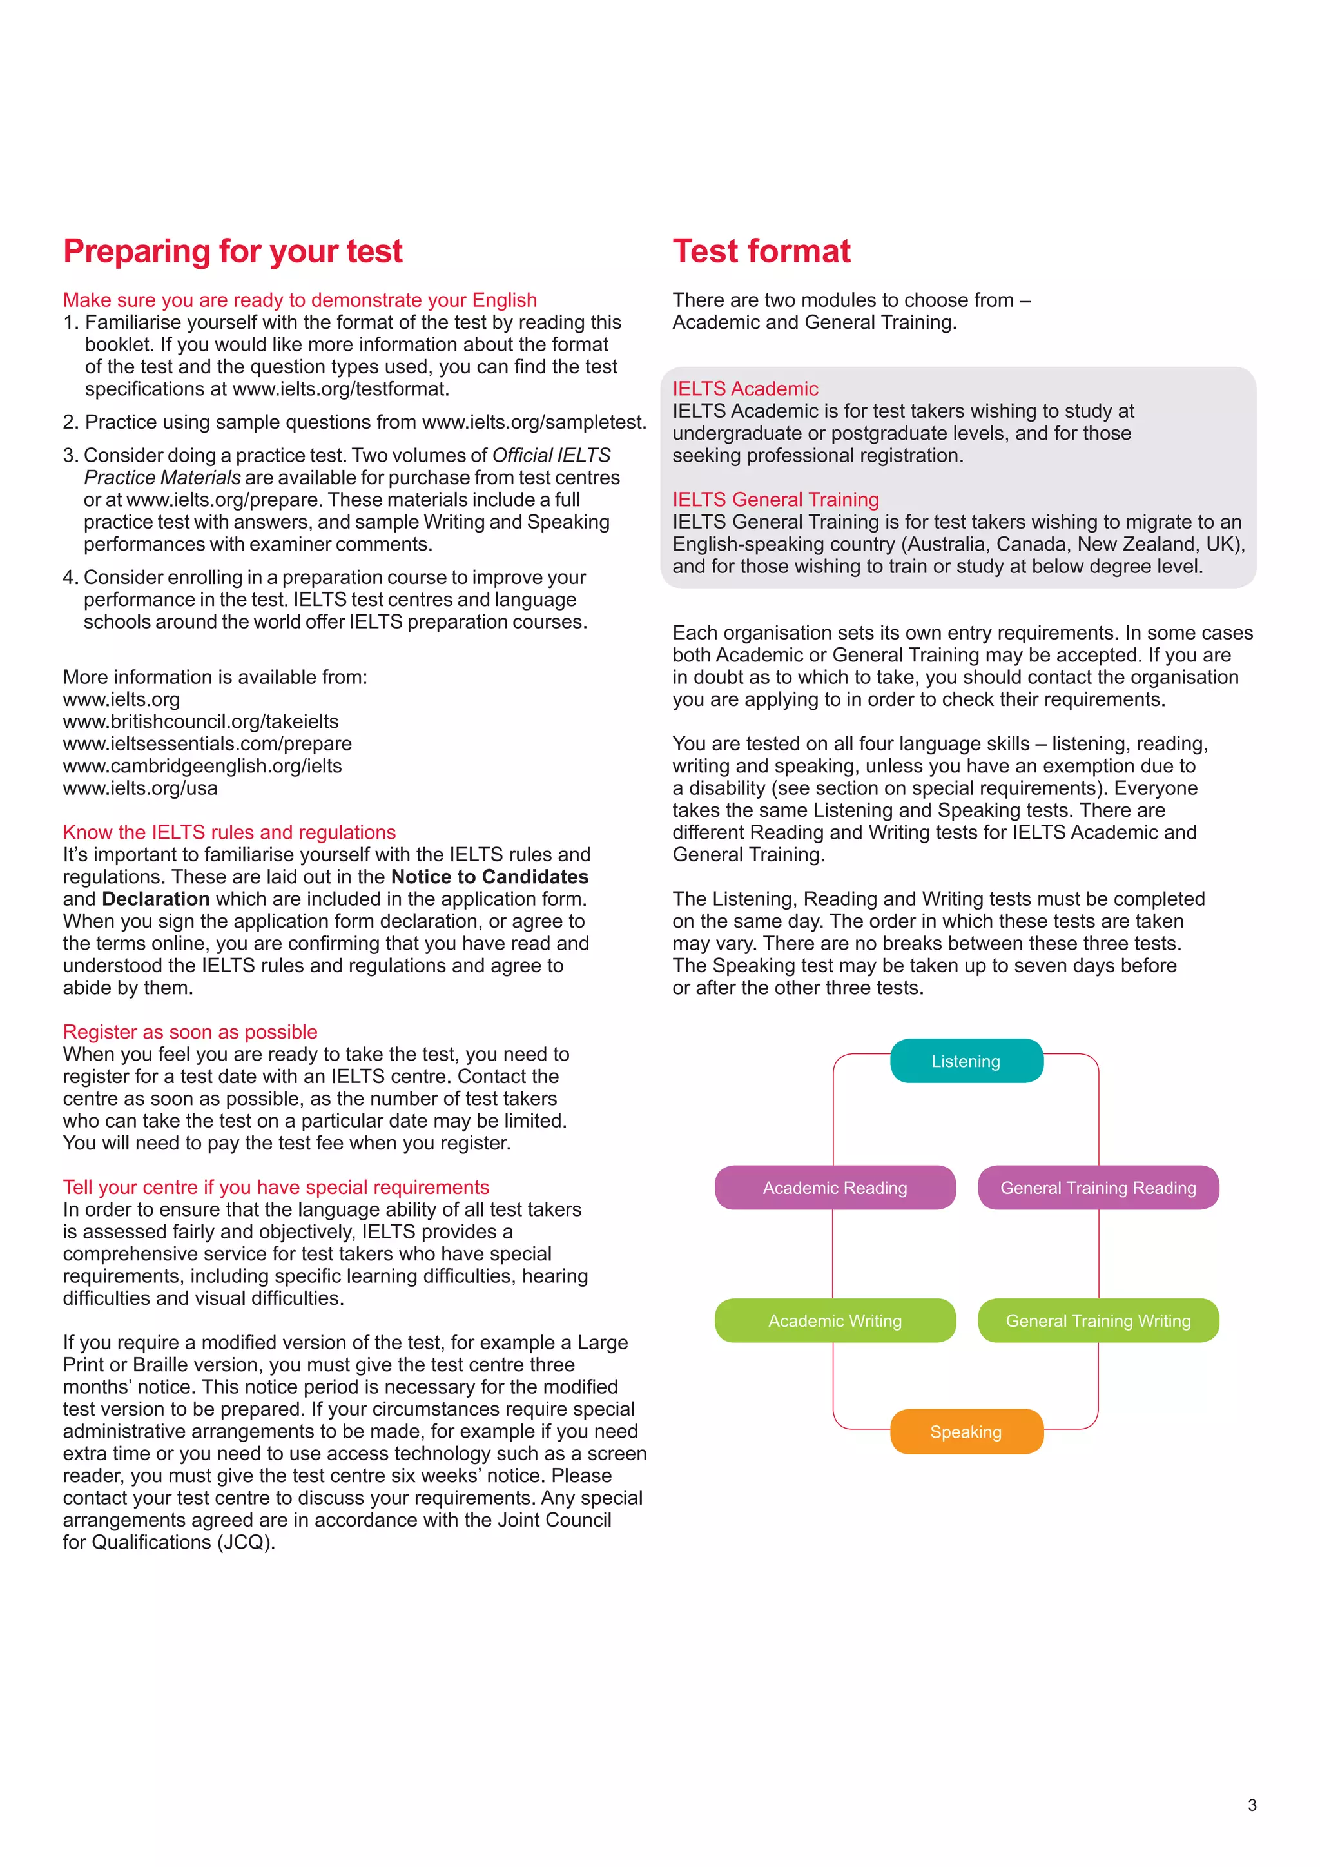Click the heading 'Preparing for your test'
click(233, 251)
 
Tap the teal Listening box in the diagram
click(966, 1061)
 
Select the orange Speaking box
click(966, 1432)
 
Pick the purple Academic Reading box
click(835, 1188)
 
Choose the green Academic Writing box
click(835, 1320)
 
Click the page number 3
click(1252, 1805)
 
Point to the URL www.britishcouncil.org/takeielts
click(200, 722)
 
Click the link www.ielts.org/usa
click(140, 788)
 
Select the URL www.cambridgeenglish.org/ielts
click(202, 766)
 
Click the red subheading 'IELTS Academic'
click(744, 389)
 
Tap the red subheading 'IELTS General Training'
click(775, 499)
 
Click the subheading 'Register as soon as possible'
click(190, 1032)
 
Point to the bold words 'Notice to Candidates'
click(489, 877)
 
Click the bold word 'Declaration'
click(155, 899)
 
